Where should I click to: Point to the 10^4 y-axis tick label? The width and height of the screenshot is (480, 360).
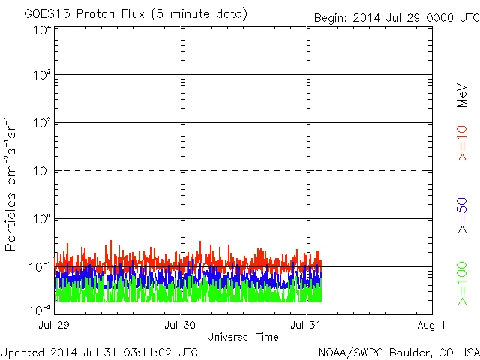pyautogui.click(x=41, y=31)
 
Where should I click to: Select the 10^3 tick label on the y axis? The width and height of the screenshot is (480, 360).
pyautogui.click(x=41, y=75)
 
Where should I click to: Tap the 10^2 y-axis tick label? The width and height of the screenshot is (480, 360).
pyautogui.click(x=41, y=123)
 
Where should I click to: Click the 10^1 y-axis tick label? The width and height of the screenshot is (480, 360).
pyautogui.click(x=41, y=171)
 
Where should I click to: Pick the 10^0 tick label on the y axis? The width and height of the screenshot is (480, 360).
pyautogui.click(x=41, y=219)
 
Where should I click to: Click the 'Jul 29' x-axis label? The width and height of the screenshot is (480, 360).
pyautogui.click(x=55, y=325)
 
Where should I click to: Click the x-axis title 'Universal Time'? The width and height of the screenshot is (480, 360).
pyautogui.click(x=243, y=337)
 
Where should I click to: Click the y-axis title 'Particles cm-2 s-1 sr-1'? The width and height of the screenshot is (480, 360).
pyautogui.click(x=12, y=184)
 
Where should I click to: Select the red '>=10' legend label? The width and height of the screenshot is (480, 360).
pyautogui.click(x=463, y=142)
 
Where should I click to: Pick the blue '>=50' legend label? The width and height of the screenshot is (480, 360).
pyautogui.click(x=463, y=214)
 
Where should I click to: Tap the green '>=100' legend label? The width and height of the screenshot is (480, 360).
pyautogui.click(x=463, y=283)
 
